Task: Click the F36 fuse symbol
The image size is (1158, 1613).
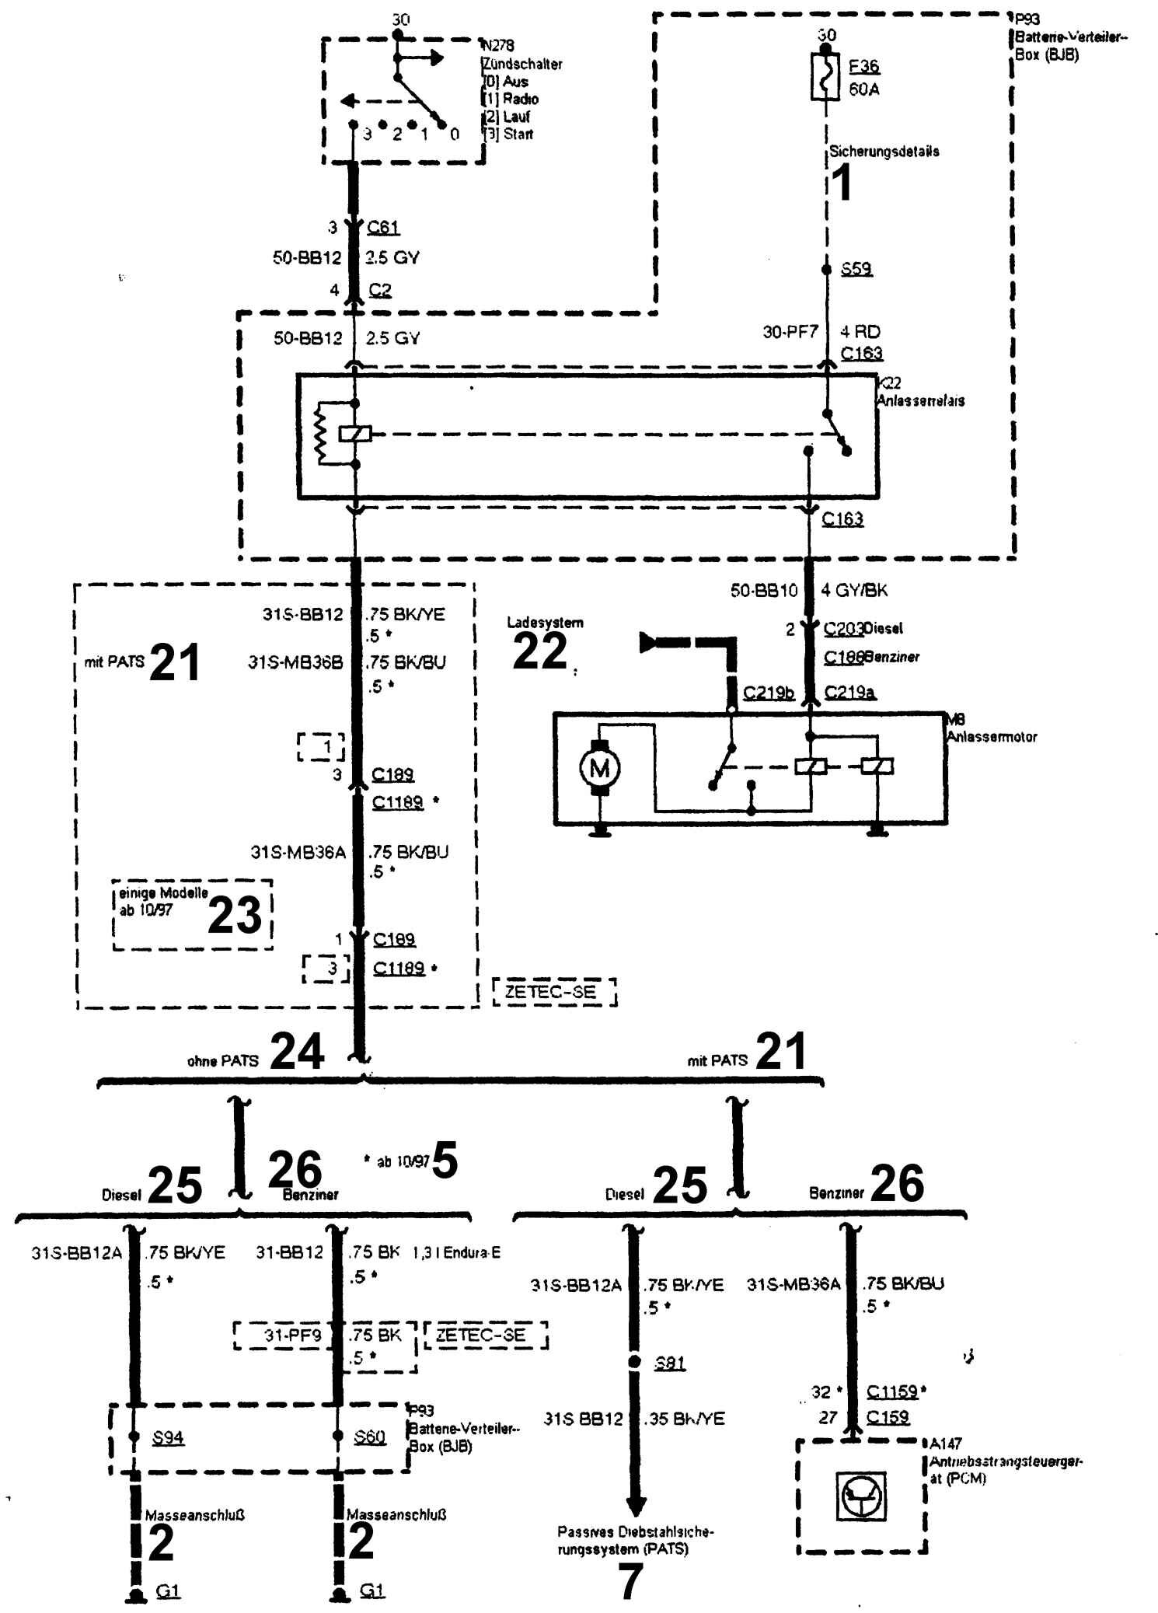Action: click(825, 76)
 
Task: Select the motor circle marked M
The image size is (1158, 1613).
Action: click(600, 769)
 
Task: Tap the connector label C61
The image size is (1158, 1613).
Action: click(383, 227)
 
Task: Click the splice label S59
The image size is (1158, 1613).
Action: click(856, 269)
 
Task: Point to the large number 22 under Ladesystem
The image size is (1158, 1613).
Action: click(540, 651)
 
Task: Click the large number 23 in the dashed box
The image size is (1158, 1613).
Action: click(235, 916)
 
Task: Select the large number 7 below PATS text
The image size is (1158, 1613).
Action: click(632, 1580)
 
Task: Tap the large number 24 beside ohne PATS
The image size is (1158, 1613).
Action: click(297, 1052)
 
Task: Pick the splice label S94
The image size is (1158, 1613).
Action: click(168, 1437)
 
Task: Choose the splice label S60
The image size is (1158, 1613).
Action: click(370, 1437)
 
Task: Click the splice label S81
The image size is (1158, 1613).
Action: click(670, 1363)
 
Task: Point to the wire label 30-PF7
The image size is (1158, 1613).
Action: click(790, 332)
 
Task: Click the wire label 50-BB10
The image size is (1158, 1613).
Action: click(764, 591)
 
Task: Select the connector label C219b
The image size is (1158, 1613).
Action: click(768, 692)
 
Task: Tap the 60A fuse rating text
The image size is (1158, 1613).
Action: click(863, 89)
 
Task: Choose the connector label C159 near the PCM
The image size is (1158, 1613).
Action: click(888, 1417)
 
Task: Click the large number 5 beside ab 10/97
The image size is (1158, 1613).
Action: click(445, 1161)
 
